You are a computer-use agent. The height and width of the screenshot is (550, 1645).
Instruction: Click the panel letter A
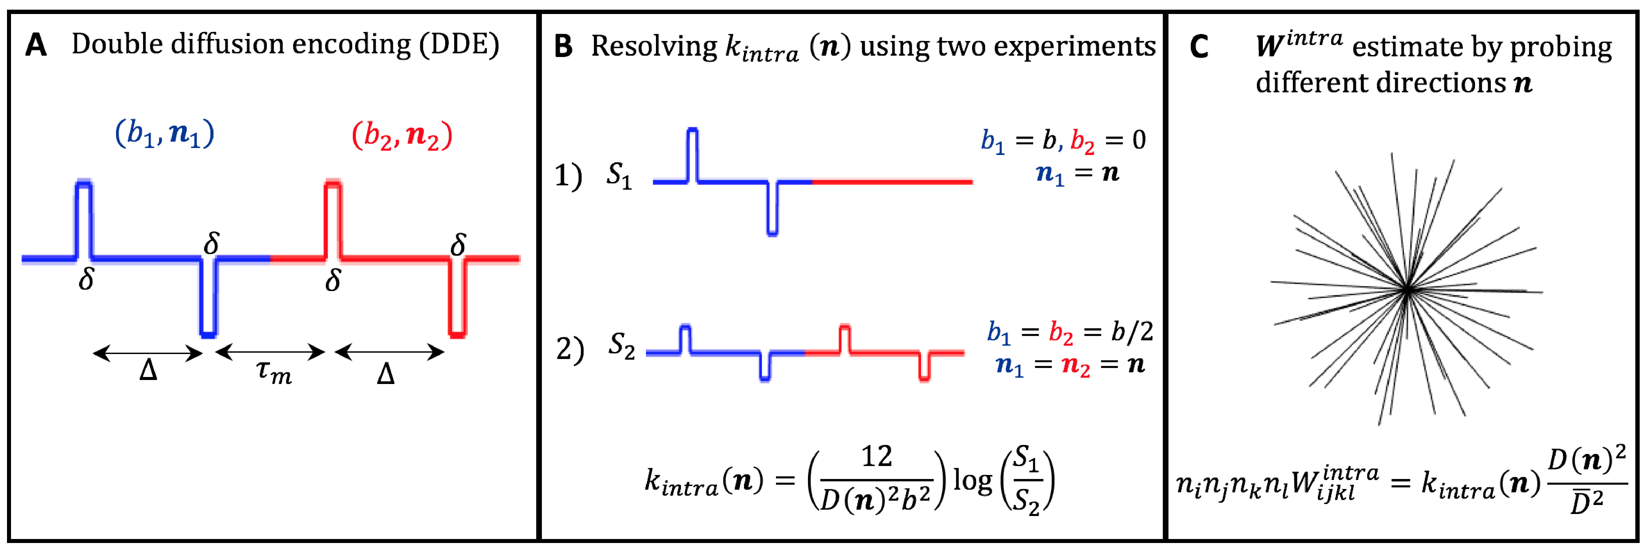click(36, 46)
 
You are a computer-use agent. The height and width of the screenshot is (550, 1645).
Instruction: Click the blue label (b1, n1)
click(165, 134)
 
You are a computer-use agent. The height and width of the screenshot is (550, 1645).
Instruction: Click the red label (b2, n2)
click(402, 135)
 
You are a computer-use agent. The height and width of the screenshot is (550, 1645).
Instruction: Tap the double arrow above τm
click(271, 352)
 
